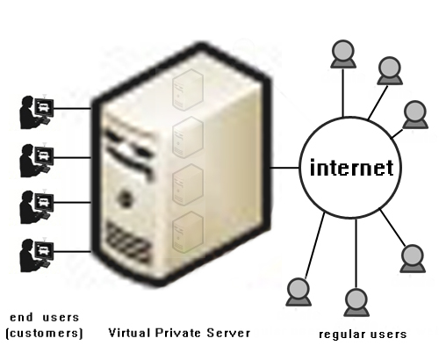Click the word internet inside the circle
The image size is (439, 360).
point(351,168)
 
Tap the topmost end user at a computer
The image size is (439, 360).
point(37,112)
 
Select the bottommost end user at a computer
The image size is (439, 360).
point(37,256)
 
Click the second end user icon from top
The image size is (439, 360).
point(37,161)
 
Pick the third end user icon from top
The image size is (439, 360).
point(37,207)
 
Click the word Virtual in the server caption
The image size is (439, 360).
point(130,333)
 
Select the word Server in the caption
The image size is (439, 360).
point(228,333)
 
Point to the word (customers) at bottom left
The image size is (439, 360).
point(45,334)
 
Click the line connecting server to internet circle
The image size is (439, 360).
point(284,168)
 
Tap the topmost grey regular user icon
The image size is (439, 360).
point(343,54)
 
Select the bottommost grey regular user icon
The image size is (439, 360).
point(356,303)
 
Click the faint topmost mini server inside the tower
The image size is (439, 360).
point(188,90)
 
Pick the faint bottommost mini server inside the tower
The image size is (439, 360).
point(188,232)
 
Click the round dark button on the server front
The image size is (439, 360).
point(126,197)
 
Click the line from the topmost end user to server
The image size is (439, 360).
point(73,109)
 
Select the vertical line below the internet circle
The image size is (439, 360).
point(356,254)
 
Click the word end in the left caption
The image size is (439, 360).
point(21,317)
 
